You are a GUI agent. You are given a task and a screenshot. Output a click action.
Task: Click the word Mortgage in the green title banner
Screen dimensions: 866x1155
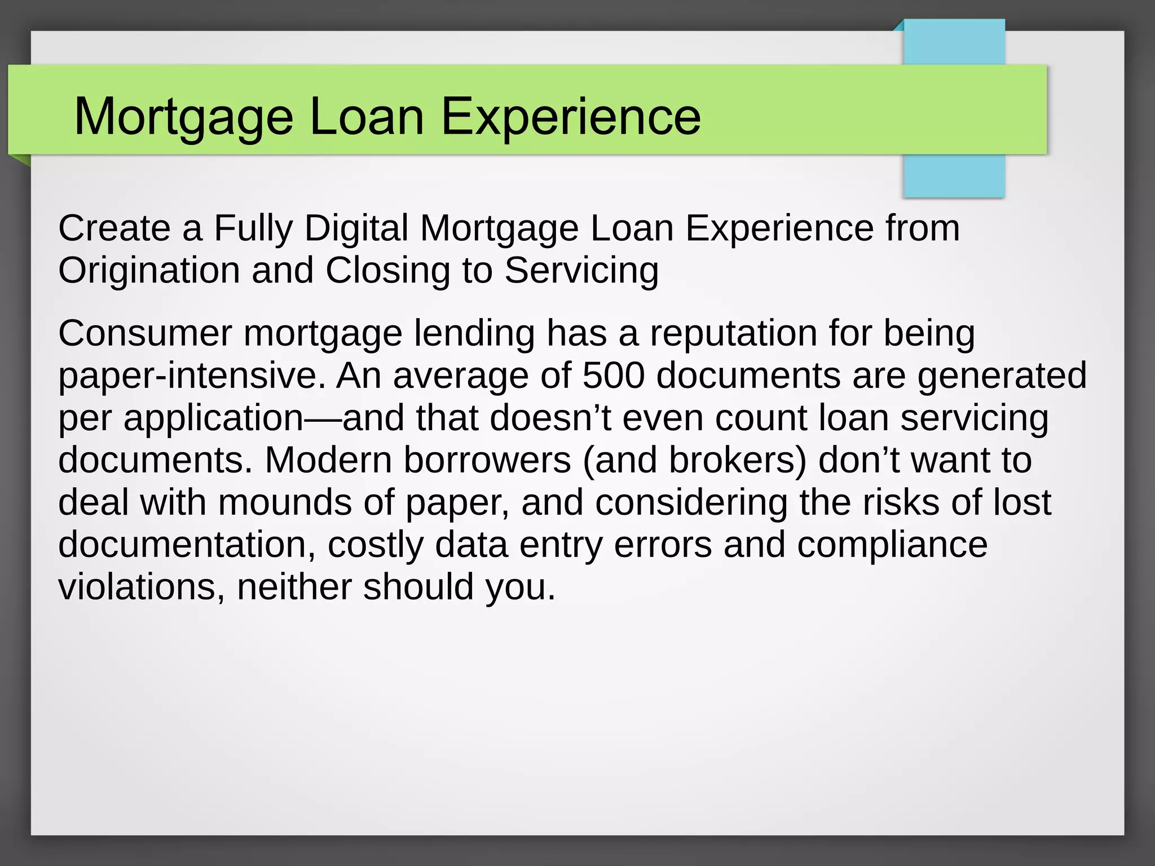tap(184, 117)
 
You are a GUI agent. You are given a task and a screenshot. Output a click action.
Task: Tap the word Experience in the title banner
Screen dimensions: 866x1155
tap(571, 117)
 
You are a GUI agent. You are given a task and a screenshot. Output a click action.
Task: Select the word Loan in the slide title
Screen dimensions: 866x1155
tap(367, 117)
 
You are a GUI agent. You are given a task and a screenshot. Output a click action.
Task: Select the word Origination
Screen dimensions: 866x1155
tap(149, 271)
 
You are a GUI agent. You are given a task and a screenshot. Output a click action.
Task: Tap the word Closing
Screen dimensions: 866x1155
tap(388, 271)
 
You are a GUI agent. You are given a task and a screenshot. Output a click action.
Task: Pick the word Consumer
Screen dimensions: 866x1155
tap(145, 333)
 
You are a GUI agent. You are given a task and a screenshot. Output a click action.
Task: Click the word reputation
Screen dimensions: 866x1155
tap(733, 333)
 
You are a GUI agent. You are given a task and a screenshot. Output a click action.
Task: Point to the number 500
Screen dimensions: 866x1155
tap(613, 375)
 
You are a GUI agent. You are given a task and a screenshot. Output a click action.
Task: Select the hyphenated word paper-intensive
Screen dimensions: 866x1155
tap(192, 375)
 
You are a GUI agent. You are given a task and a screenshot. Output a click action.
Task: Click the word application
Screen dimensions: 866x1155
tap(214, 418)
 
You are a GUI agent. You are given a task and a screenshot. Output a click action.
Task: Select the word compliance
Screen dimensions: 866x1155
tap(892, 545)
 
